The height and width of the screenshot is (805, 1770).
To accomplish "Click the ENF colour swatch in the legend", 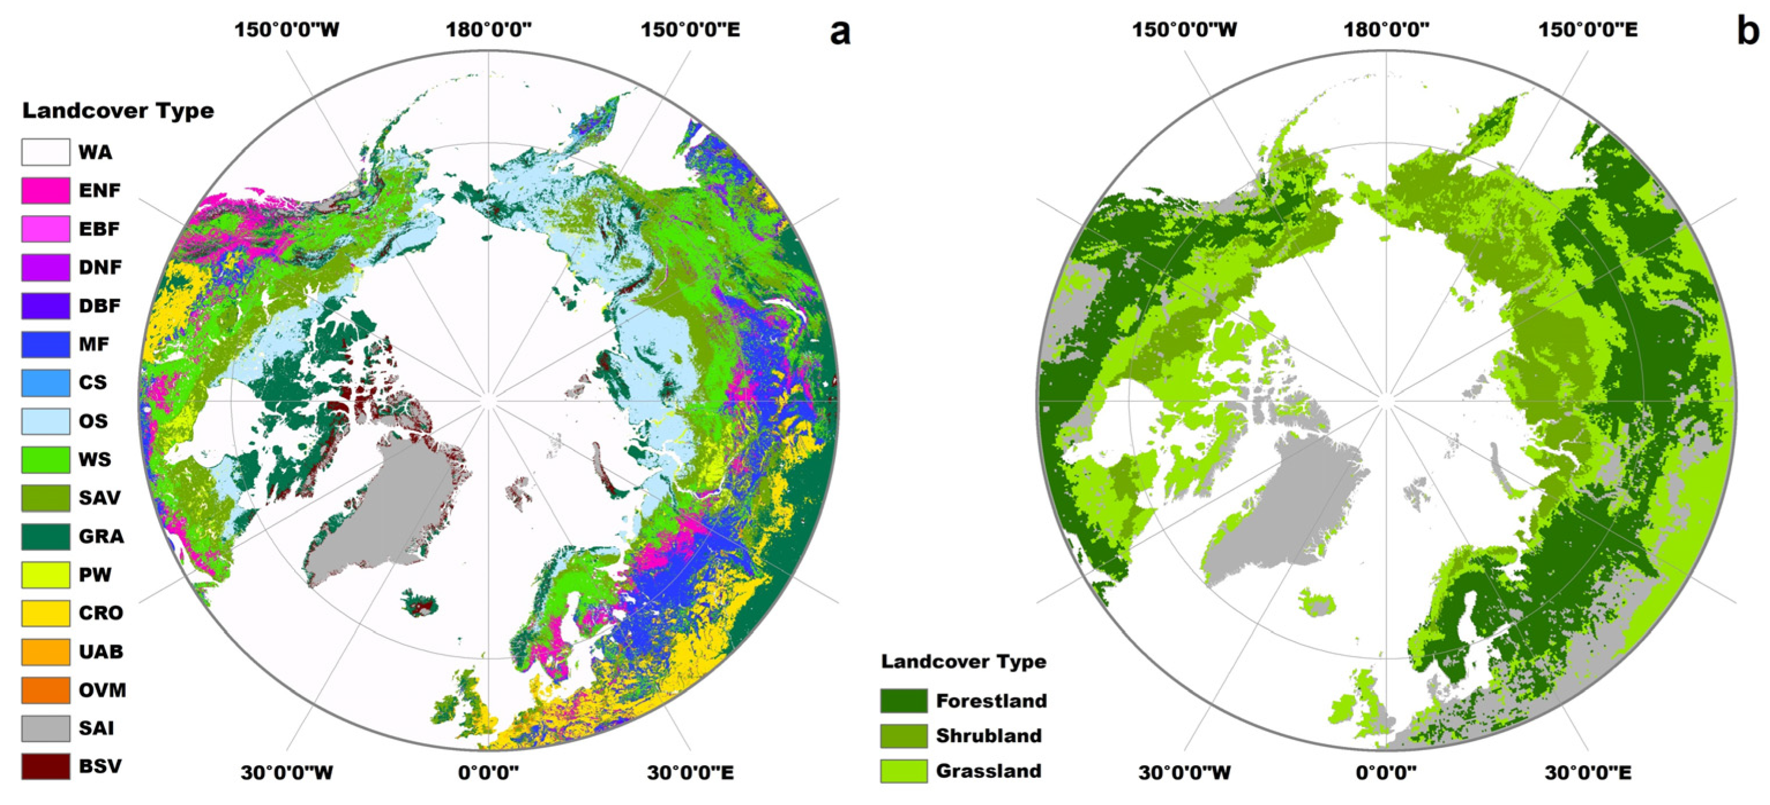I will click(x=46, y=190).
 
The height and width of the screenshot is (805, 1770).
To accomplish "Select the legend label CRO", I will click(x=100, y=612).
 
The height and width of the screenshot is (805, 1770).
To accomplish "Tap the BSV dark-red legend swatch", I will click(x=46, y=766).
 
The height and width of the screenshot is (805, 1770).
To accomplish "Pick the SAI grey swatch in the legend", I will click(x=46, y=728).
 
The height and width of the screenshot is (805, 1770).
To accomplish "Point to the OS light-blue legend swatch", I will click(x=46, y=421).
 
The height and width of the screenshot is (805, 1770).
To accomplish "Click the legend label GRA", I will click(x=101, y=536).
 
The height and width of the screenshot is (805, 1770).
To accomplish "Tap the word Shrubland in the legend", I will click(x=989, y=736).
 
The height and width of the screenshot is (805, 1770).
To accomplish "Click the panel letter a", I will click(x=840, y=32).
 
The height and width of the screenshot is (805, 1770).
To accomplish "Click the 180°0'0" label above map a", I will click(x=488, y=29).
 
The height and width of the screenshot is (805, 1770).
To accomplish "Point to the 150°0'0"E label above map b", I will click(x=1588, y=29).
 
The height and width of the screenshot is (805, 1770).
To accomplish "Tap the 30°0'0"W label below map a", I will click(x=287, y=773).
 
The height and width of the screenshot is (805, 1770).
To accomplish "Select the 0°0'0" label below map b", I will click(x=1386, y=773).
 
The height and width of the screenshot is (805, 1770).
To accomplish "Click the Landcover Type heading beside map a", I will click(x=118, y=111).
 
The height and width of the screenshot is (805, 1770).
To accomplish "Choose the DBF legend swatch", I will click(x=46, y=306).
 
